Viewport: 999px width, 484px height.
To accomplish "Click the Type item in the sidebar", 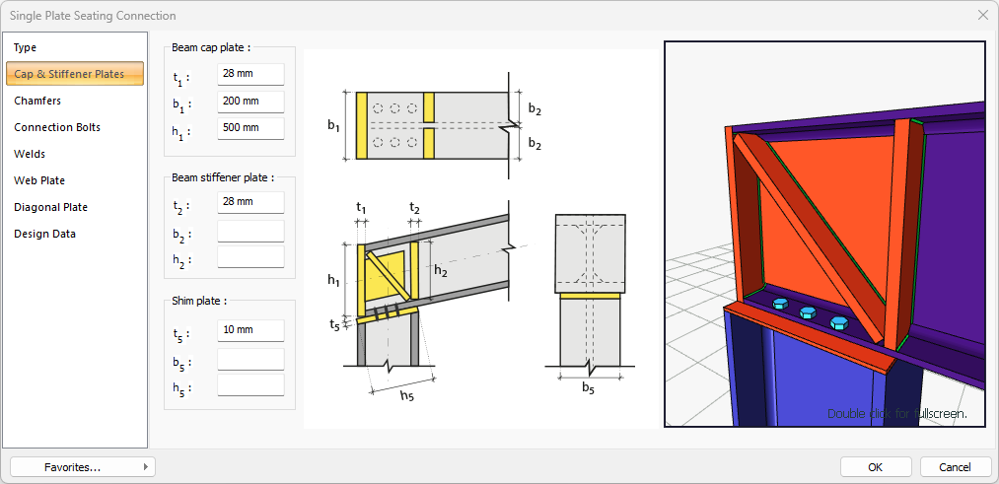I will pyautogui.click(x=26, y=47).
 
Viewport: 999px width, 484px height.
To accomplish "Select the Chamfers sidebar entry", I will pyautogui.click(x=37, y=101).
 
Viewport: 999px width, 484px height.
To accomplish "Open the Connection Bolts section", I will pyautogui.click(x=57, y=127).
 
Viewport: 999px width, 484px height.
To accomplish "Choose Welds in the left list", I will pyautogui.click(x=30, y=154).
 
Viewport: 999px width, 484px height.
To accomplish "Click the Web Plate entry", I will pyautogui.click(x=39, y=180).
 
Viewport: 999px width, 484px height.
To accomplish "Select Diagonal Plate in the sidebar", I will pyautogui.click(x=50, y=207).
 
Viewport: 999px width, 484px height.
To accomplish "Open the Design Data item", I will pyautogui.click(x=44, y=234).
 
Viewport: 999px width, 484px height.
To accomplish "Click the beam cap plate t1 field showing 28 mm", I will pyautogui.click(x=250, y=75).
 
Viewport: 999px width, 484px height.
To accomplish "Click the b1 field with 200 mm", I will pyautogui.click(x=250, y=102).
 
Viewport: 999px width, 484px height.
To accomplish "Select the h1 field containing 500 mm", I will pyautogui.click(x=250, y=128).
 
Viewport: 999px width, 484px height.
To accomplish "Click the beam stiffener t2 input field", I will pyautogui.click(x=250, y=202).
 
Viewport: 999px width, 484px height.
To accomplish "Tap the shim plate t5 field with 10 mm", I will pyautogui.click(x=250, y=330).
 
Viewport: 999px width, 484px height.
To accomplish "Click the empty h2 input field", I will pyautogui.click(x=250, y=257).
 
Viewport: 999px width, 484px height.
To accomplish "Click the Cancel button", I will pyautogui.click(x=955, y=466).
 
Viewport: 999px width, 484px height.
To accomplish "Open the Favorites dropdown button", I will pyautogui.click(x=82, y=466).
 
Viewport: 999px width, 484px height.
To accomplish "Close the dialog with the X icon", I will pyautogui.click(x=982, y=15).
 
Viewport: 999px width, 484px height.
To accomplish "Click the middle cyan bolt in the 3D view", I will pyautogui.click(x=808, y=312).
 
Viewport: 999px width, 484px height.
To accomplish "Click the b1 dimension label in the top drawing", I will pyautogui.click(x=334, y=126).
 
